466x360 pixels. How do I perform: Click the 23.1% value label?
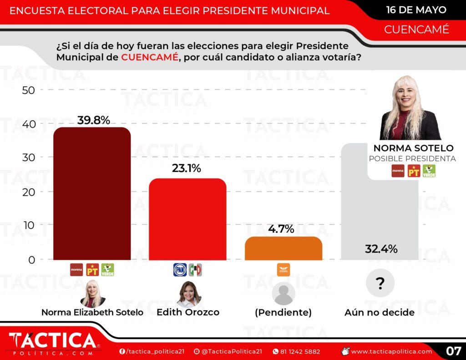click(187, 168)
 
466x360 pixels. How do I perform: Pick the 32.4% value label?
click(381, 249)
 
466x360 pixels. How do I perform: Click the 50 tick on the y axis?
click(28, 90)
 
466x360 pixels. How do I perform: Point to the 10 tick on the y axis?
click(28, 225)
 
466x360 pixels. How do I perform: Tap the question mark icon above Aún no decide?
click(380, 284)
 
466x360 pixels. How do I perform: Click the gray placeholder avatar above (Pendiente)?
click(284, 294)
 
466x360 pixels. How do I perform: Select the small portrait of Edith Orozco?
click(188, 294)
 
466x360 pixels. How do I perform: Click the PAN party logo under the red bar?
click(180, 270)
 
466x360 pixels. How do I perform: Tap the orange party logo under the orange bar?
click(283, 270)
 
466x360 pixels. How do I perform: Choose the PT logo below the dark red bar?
click(92, 270)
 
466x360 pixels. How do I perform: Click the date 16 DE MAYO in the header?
click(416, 10)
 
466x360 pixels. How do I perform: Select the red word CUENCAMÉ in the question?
click(149, 58)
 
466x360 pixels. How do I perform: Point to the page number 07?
click(453, 351)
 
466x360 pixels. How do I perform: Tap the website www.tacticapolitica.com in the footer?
click(391, 351)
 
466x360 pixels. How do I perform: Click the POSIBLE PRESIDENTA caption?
click(412, 158)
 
